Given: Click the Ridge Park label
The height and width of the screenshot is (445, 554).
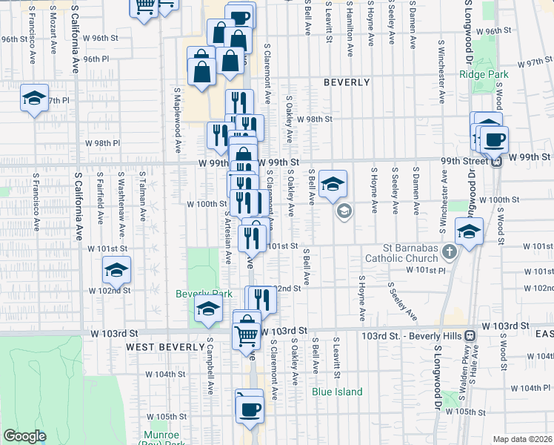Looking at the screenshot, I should [x=484, y=74].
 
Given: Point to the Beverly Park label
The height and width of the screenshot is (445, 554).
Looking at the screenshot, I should [x=198, y=294].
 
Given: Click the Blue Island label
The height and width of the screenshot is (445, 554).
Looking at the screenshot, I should [x=337, y=392].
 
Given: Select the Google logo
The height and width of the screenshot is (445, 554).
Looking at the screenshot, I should [x=24, y=436].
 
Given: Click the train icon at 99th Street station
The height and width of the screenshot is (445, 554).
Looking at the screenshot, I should [x=498, y=160].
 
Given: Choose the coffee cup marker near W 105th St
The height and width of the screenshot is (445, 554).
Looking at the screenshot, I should [x=249, y=408].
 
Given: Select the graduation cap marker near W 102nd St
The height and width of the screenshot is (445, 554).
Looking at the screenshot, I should [x=116, y=271].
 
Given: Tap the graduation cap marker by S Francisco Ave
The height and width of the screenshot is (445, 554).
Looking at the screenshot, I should [x=34, y=99].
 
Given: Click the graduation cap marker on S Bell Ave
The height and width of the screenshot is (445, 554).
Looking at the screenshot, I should [x=333, y=185].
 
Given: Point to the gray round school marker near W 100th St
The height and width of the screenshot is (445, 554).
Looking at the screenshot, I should [x=344, y=212].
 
